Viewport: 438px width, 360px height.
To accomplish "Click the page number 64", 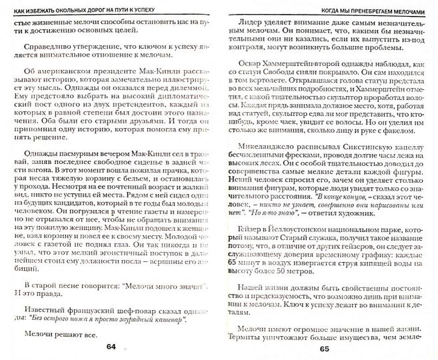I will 111,347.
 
